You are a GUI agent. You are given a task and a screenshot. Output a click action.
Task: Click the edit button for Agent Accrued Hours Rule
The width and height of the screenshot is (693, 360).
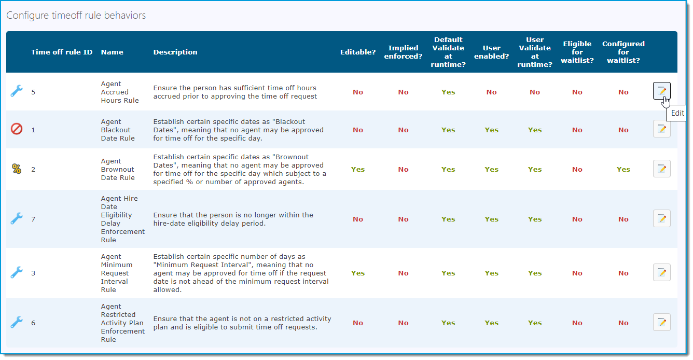point(661,91)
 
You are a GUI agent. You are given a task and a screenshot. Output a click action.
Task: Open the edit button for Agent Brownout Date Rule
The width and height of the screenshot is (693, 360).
point(661,169)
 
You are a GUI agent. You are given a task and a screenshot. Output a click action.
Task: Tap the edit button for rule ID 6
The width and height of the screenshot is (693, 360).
point(661,322)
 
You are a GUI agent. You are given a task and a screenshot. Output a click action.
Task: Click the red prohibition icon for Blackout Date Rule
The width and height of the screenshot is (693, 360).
point(17,129)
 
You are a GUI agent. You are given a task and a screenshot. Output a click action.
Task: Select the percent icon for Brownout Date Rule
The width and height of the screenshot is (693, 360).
point(17,169)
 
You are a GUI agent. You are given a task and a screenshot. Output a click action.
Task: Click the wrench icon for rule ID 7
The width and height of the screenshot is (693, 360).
point(17,218)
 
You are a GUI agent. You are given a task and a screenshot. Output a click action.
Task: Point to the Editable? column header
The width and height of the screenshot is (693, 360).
point(357,52)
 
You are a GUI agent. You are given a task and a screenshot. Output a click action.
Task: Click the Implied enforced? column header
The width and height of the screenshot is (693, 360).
point(403,52)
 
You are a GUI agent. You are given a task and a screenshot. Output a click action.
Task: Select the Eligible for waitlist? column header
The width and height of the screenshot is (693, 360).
point(577,52)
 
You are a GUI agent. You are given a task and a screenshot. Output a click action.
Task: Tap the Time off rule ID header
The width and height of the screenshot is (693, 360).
point(62,52)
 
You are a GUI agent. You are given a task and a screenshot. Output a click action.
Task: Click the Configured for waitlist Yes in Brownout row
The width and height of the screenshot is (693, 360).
point(623,169)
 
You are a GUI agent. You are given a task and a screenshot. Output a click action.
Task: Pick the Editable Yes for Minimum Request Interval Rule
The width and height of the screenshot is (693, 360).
point(357,273)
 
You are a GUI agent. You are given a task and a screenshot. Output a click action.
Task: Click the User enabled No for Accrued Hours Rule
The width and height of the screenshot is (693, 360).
point(491,92)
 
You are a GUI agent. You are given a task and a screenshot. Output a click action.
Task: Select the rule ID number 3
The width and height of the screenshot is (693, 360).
point(33,273)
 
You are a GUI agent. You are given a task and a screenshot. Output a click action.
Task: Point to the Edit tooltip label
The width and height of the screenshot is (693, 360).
point(677,113)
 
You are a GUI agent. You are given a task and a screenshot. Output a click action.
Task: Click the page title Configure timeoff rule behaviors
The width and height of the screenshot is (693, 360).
point(76,16)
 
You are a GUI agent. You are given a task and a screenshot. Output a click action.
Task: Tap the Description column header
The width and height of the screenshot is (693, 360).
point(175,52)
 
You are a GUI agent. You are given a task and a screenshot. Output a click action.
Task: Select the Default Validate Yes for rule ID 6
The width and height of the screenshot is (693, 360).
point(448,323)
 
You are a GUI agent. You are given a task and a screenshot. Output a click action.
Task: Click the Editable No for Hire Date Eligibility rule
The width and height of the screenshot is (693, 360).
point(357,219)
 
